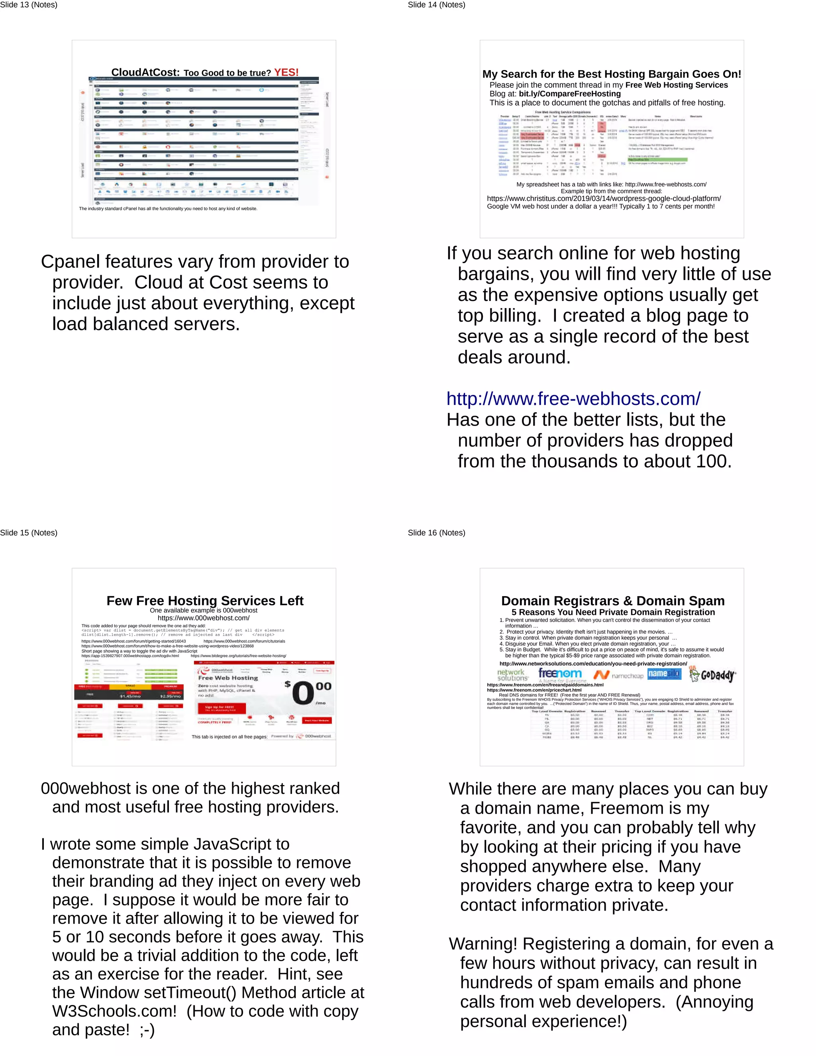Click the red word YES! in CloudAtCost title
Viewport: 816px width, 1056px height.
pyautogui.click(x=286, y=73)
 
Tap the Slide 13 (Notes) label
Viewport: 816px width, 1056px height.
pyautogui.click(x=29, y=5)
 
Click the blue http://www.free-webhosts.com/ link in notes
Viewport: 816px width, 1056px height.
pyautogui.click(x=573, y=399)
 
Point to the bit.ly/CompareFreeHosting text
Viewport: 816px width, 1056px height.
pyautogui.click(x=569, y=94)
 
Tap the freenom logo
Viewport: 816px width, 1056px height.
pyautogui.click(x=560, y=673)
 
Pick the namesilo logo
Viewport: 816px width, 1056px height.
pyautogui.click(x=664, y=673)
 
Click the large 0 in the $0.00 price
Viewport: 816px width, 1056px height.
pyautogui.click(x=303, y=693)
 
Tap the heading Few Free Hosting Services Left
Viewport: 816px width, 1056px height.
pyautogui.click(x=204, y=601)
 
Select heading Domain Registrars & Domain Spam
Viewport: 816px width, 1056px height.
pyautogui.click(x=612, y=601)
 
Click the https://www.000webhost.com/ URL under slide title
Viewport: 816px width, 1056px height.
pyautogui.click(x=204, y=618)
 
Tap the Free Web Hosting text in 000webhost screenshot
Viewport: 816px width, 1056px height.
pyautogui.click(x=228, y=678)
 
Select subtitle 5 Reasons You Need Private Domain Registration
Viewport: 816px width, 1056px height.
pyautogui.click(x=613, y=612)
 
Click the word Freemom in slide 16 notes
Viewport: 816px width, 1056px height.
pyautogui.click(x=626, y=808)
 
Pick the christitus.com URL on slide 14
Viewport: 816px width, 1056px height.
pyautogui.click(x=603, y=199)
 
